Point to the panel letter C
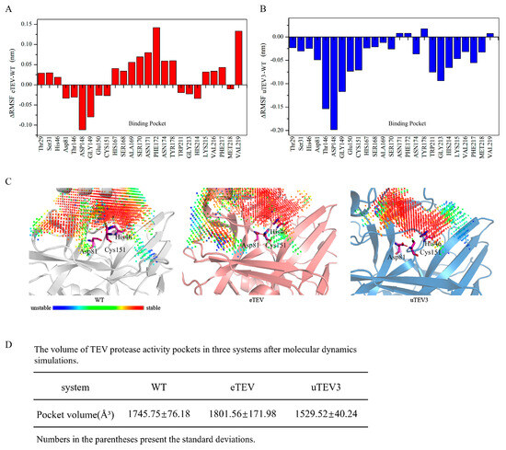tap(7, 183)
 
